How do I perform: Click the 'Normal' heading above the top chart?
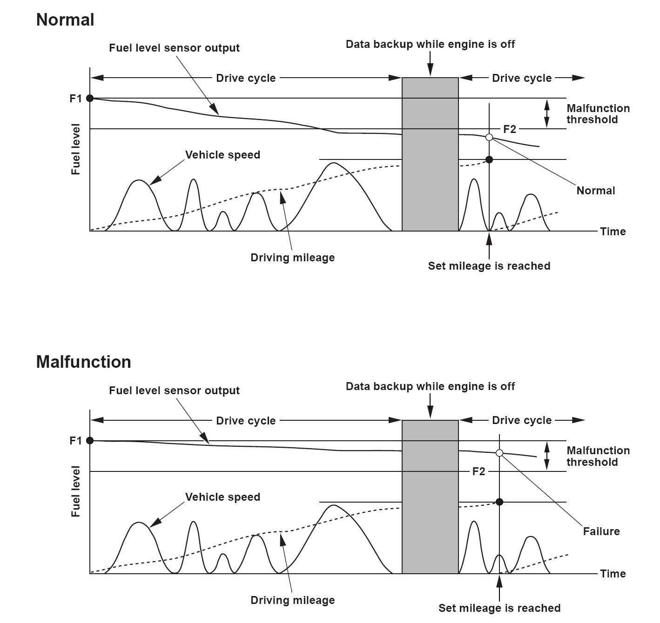[x=65, y=20]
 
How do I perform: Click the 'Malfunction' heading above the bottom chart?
[x=84, y=362]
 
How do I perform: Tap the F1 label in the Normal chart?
[x=76, y=99]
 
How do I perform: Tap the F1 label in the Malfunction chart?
[x=76, y=441]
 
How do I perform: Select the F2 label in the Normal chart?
[x=510, y=129]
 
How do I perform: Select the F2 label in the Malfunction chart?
[x=478, y=472]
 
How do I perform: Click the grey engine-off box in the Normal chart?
[x=430, y=154]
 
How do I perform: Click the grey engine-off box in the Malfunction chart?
[x=430, y=497]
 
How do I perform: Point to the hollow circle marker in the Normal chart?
[x=489, y=137]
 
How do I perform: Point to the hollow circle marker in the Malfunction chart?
[x=499, y=453]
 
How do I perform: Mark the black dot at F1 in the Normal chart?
[x=90, y=98]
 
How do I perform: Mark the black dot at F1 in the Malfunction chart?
[x=90, y=440]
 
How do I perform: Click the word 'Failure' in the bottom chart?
[x=601, y=531]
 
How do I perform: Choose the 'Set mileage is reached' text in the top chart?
[x=489, y=266]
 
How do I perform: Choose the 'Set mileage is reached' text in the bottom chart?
[x=499, y=608]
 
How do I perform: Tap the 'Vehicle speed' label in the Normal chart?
[x=222, y=155]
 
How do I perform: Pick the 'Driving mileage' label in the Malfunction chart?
[x=292, y=600]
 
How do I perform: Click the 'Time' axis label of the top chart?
[x=613, y=232]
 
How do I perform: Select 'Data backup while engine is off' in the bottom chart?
[x=430, y=386]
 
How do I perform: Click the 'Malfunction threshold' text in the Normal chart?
[x=598, y=114]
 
